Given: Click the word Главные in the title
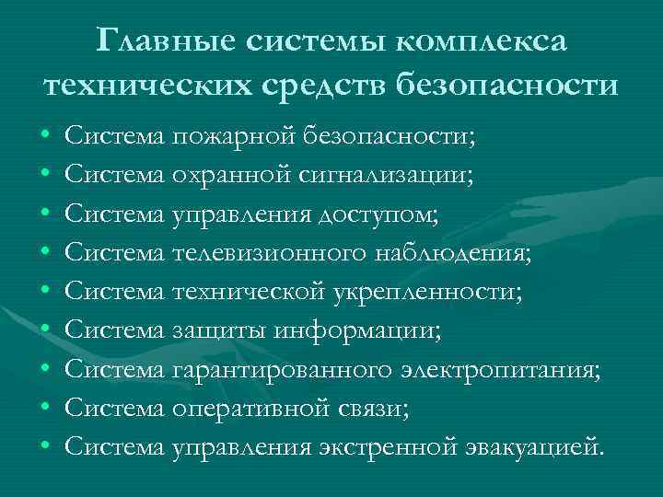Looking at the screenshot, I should click(x=169, y=40).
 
